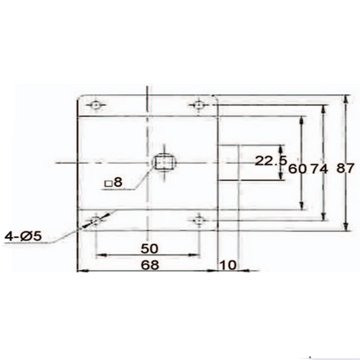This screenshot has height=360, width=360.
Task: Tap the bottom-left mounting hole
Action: [x=95, y=221]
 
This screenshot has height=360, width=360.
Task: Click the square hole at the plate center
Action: [x=164, y=162]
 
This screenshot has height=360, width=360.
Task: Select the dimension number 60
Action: [x=299, y=169]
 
